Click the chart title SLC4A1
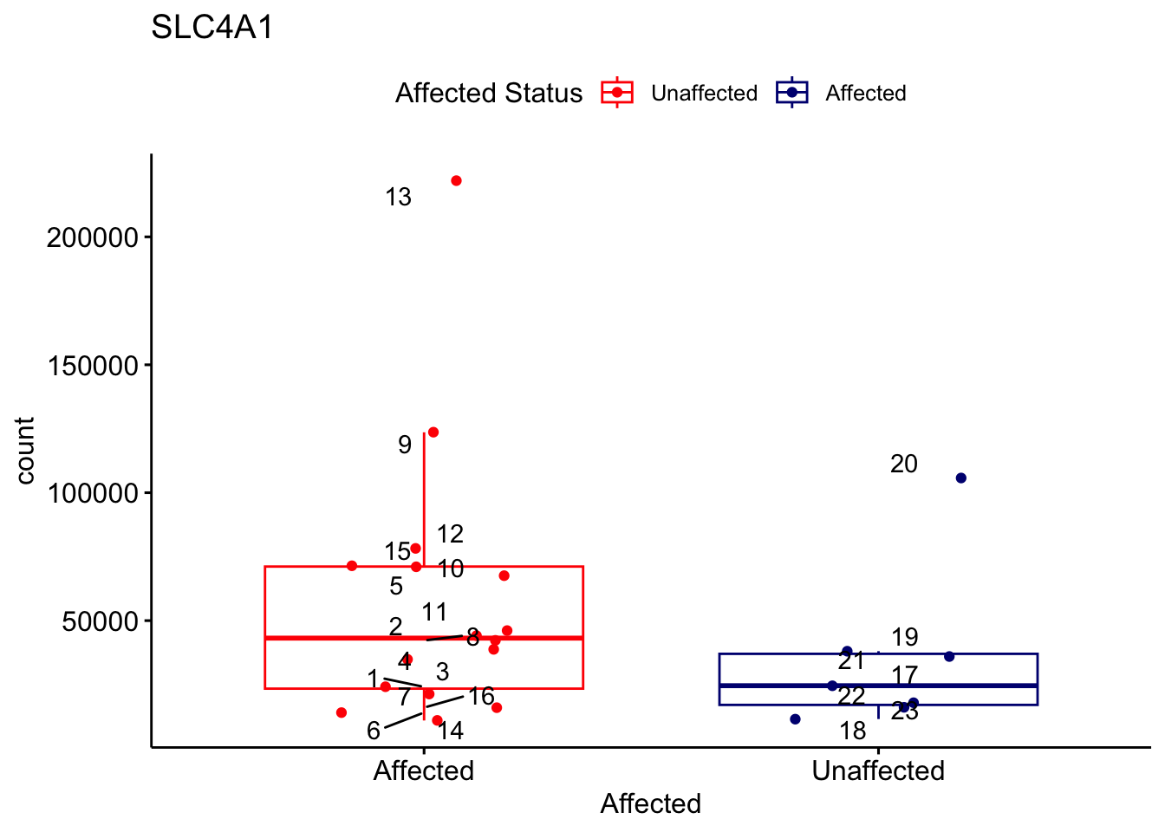(212, 28)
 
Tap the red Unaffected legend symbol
(617, 93)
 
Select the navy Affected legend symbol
(792, 93)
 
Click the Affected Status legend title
(489, 93)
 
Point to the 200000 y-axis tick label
(93, 237)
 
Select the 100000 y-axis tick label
(93, 493)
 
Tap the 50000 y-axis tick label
(99, 621)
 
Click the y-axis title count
(25, 451)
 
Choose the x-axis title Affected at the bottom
(650, 803)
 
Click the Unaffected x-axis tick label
(878, 770)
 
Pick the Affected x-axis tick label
(423, 770)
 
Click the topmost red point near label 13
(456, 181)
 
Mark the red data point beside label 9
(433, 432)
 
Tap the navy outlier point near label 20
(960, 478)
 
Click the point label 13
(398, 198)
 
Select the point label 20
(903, 465)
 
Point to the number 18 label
(853, 731)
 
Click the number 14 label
(450, 731)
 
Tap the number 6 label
(373, 731)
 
